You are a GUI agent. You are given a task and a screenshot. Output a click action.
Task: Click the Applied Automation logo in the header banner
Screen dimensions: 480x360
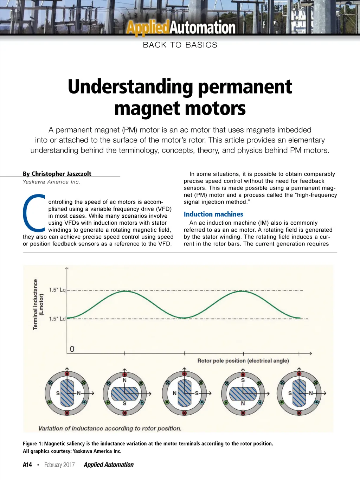click(x=181, y=28)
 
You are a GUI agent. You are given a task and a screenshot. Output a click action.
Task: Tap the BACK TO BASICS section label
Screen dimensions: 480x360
click(x=180, y=45)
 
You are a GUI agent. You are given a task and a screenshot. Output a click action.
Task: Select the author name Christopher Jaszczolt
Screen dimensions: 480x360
click(x=57, y=174)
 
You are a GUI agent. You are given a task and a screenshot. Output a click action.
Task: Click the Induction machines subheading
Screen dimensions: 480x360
click(x=213, y=214)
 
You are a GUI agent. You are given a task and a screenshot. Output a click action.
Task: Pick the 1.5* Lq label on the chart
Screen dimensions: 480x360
click(x=57, y=290)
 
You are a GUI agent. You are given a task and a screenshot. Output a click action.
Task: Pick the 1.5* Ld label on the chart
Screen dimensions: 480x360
click(x=57, y=319)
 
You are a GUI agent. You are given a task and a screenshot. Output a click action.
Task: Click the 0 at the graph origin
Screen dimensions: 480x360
click(x=72, y=349)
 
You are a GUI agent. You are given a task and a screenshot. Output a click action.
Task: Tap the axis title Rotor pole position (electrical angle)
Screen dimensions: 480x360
click(x=243, y=360)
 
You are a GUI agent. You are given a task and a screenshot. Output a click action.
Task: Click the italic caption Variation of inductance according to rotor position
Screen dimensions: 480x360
click(x=110, y=428)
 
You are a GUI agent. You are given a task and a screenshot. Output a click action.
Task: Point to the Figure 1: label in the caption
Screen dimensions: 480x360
click(x=33, y=443)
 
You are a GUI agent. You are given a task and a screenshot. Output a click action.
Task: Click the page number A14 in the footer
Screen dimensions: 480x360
click(x=27, y=465)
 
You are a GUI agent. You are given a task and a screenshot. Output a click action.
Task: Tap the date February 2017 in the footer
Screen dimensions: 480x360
click(x=59, y=465)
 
